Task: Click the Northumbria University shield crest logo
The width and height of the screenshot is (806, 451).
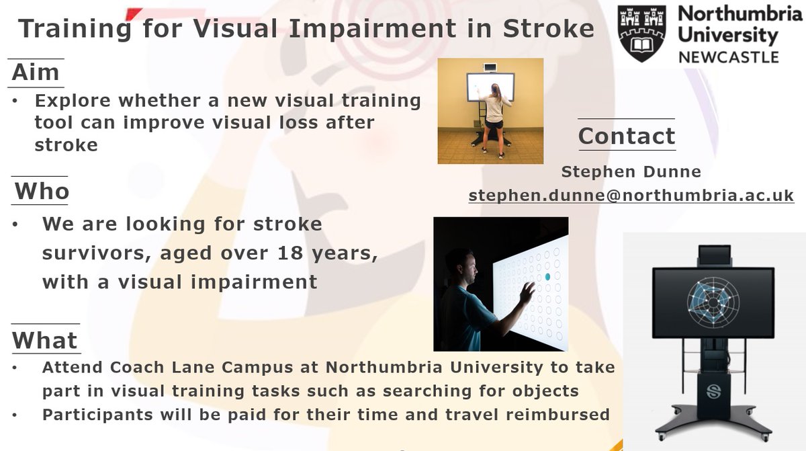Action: tap(641, 34)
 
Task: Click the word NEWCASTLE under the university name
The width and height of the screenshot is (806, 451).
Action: tap(729, 56)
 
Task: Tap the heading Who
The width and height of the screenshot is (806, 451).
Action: tap(42, 192)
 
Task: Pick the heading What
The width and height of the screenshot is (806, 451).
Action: tap(45, 340)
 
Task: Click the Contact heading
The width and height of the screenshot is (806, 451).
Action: tap(626, 136)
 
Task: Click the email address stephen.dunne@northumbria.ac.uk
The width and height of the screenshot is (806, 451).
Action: tap(631, 196)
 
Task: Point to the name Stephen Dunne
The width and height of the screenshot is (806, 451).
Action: tap(631, 172)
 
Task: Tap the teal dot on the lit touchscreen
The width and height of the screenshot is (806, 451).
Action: tap(547, 276)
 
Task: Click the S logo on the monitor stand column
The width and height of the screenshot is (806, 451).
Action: tap(713, 391)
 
